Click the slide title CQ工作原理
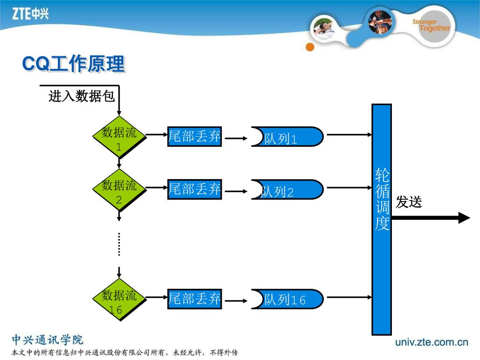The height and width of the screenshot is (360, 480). pos(74,64)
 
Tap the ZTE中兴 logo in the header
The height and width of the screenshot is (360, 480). pos(30,14)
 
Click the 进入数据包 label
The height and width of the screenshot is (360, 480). pos(82,97)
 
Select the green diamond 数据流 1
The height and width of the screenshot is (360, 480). pos(119,137)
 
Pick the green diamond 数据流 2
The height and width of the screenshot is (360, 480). pos(119,190)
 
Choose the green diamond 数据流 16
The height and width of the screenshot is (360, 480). pos(119,300)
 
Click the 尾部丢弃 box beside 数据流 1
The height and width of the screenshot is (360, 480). pos(195,136)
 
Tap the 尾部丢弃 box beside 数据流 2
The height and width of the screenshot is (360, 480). pos(195,189)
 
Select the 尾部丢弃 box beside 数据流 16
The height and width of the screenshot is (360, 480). pos(195,299)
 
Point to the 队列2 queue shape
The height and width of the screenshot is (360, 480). pos(287,190)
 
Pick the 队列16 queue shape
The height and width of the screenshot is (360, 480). pos(287,299)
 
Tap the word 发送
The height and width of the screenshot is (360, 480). pos(409,202)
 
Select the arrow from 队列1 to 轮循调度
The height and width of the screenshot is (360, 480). pos(349,135)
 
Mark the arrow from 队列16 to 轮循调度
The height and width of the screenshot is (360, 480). pos(349,297)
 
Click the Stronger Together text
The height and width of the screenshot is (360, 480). pos(431,25)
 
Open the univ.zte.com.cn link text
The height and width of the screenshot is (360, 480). pos(432,342)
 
